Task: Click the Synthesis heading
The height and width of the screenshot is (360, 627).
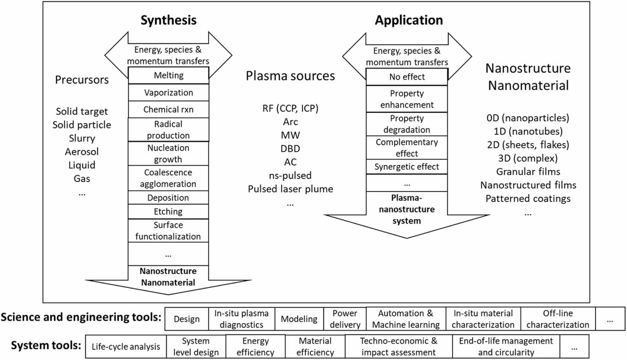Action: click(169, 20)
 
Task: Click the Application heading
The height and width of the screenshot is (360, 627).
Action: click(409, 20)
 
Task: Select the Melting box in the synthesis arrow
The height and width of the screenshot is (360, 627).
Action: click(169, 75)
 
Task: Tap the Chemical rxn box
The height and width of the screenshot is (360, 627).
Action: click(169, 109)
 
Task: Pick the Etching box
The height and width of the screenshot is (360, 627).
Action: click(168, 211)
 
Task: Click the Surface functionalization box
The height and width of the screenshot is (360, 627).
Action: click(168, 231)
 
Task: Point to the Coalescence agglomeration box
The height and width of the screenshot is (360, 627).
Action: click(168, 178)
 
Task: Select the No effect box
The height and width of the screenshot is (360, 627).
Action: click(407, 77)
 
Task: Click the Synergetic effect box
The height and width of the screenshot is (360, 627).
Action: click(407, 167)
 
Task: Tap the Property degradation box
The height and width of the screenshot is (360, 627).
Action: click(407, 124)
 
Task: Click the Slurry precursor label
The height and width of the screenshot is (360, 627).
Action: click(82, 138)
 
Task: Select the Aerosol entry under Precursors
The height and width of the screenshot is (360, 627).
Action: click(82, 151)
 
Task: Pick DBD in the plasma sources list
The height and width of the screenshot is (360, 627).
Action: click(290, 149)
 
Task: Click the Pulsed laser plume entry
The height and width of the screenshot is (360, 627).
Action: click(290, 189)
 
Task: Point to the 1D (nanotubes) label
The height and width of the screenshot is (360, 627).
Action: click(528, 131)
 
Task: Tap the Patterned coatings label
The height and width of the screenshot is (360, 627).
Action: click(528, 198)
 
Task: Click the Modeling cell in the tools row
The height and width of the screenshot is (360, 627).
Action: click(299, 319)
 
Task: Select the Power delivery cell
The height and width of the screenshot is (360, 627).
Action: click(345, 319)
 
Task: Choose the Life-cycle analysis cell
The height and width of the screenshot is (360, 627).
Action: click(126, 347)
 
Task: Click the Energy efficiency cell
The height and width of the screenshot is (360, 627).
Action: click(256, 347)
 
